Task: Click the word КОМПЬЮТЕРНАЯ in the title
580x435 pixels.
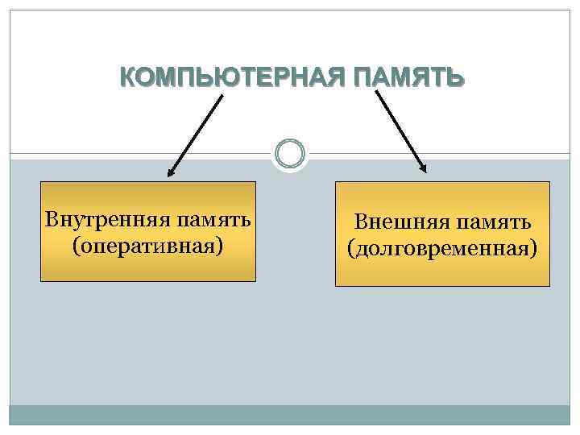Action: click(217, 78)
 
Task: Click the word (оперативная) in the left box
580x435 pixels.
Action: click(147, 242)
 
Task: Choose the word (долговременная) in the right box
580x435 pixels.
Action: click(442, 246)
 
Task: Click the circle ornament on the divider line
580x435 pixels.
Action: click(290, 153)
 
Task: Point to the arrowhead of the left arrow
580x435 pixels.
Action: click(171, 172)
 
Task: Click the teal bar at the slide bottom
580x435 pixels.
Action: click(290, 414)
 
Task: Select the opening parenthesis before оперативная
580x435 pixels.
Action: click(77, 243)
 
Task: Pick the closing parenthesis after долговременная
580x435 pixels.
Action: click(533, 246)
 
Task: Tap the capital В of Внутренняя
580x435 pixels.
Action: click(51, 219)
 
